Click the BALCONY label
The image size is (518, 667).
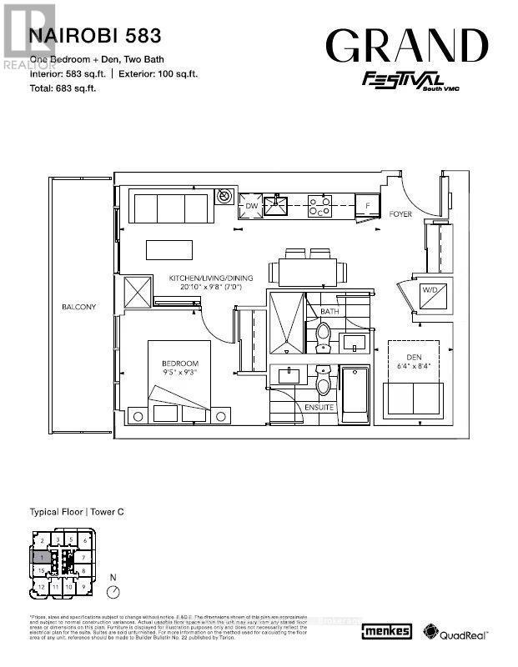(78, 307)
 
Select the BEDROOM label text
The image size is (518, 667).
(181, 364)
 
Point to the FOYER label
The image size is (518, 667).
(401, 214)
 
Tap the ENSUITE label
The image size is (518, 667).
(320, 408)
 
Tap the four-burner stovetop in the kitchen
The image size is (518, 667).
(319, 205)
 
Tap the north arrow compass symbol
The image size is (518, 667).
(113, 590)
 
